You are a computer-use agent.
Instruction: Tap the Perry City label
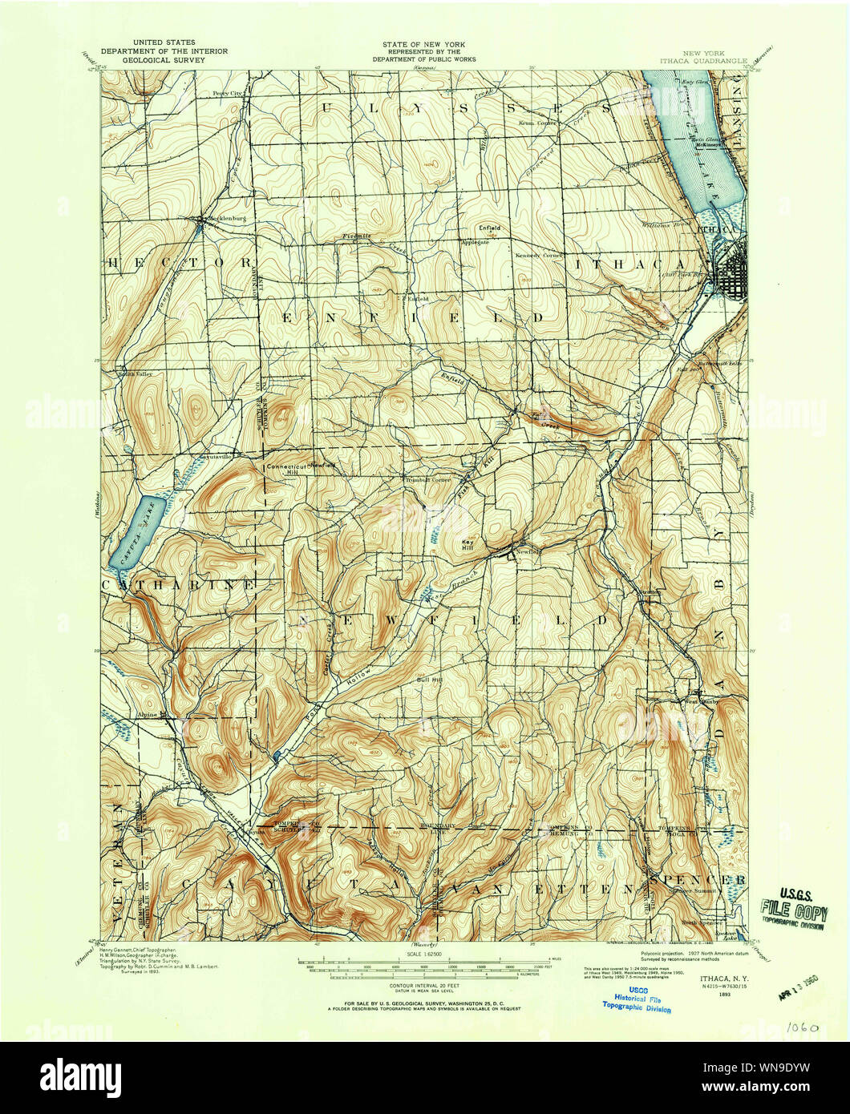coord(227,93)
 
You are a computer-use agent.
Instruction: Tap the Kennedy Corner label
coord(537,254)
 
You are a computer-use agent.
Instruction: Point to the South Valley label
coord(135,373)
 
